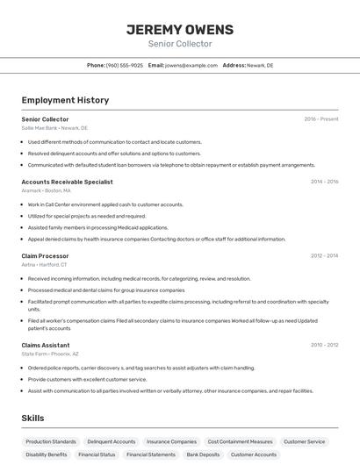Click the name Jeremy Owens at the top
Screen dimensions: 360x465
pyautogui.click(x=179, y=29)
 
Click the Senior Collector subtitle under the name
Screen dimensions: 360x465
pyautogui.click(x=179, y=44)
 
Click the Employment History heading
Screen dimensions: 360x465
pyautogui.click(x=65, y=100)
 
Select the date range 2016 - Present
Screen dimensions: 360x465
pyautogui.click(x=320, y=118)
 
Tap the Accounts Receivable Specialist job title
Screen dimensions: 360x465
pyautogui.click(x=67, y=182)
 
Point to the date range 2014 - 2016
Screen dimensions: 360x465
pyautogui.click(x=324, y=182)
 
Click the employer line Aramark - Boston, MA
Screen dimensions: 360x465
pyautogui.click(x=46, y=190)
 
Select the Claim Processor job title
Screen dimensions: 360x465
pyautogui.click(x=45, y=255)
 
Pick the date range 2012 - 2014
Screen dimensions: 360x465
pyautogui.click(x=324, y=255)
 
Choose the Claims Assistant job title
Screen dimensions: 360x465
pyautogui.click(x=46, y=345)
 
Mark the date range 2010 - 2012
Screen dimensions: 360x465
pyautogui.click(x=324, y=345)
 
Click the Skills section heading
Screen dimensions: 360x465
pyautogui.click(x=32, y=418)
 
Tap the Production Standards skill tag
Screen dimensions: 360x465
pyautogui.click(x=51, y=441)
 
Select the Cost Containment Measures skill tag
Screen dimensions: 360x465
pyautogui.click(x=240, y=441)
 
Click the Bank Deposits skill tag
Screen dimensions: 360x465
pyautogui.click(x=203, y=454)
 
